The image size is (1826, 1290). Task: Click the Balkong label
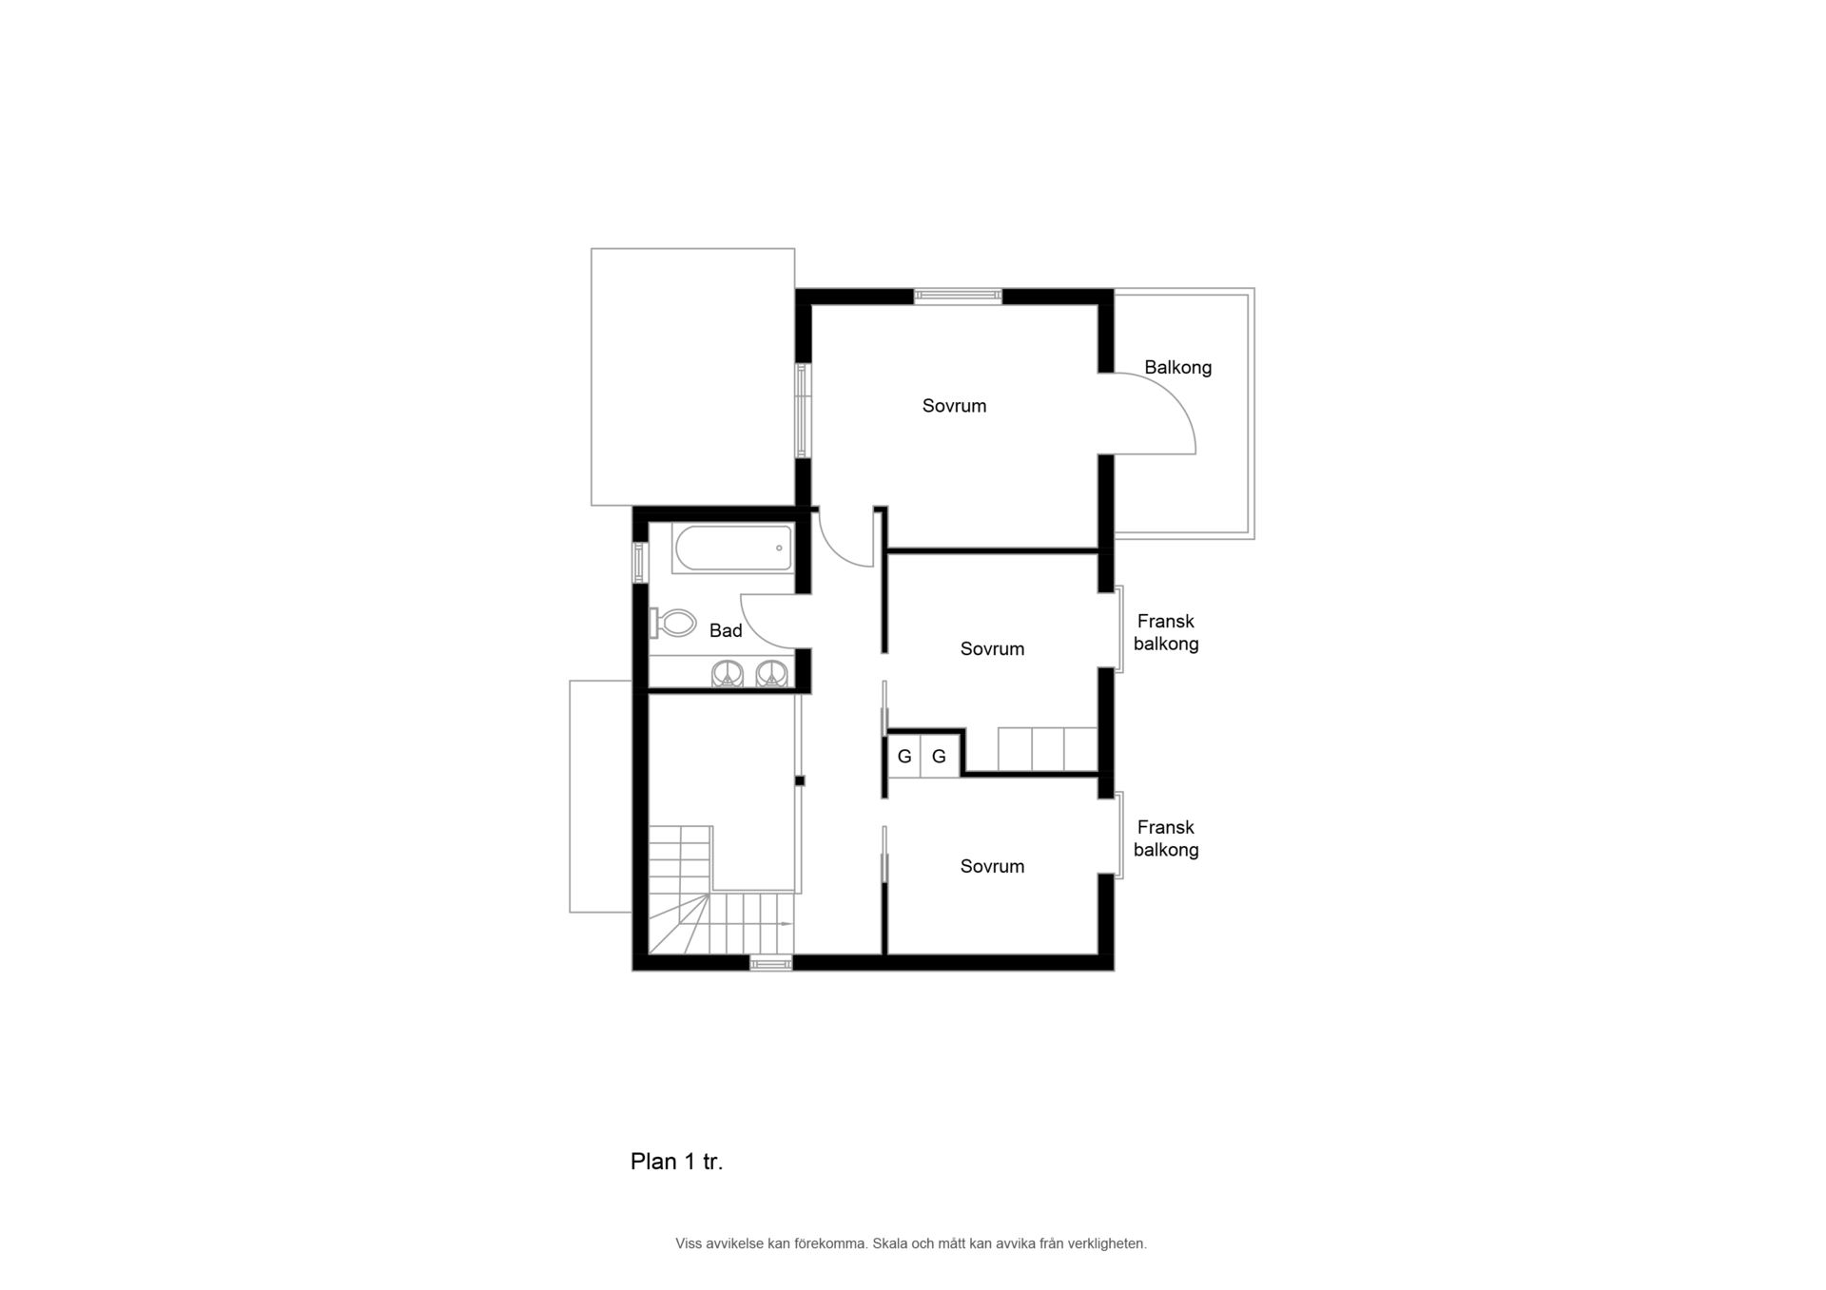[x=1177, y=368]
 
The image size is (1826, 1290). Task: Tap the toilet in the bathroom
[x=672, y=623]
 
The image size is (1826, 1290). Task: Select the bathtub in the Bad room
[x=732, y=548]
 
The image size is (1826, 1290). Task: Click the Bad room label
[x=726, y=630]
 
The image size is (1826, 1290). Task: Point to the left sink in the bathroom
[x=728, y=673]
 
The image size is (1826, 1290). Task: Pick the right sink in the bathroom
[x=771, y=673]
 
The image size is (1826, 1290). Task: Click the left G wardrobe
[x=904, y=757]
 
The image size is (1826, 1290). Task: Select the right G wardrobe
[x=939, y=757]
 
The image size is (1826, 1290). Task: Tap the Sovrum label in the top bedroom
[x=954, y=406]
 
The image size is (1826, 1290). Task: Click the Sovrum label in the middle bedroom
[x=992, y=649]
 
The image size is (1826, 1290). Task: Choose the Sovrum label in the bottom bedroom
[x=992, y=866]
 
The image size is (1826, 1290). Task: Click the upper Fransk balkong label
[x=1166, y=632]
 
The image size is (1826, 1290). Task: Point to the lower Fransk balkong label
[x=1166, y=838]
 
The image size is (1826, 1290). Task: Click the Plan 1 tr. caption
[x=676, y=1162]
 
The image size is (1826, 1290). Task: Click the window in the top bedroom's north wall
[x=958, y=297]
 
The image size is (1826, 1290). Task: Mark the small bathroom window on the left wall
[x=640, y=562]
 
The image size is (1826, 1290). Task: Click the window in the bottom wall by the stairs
[x=770, y=964]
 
